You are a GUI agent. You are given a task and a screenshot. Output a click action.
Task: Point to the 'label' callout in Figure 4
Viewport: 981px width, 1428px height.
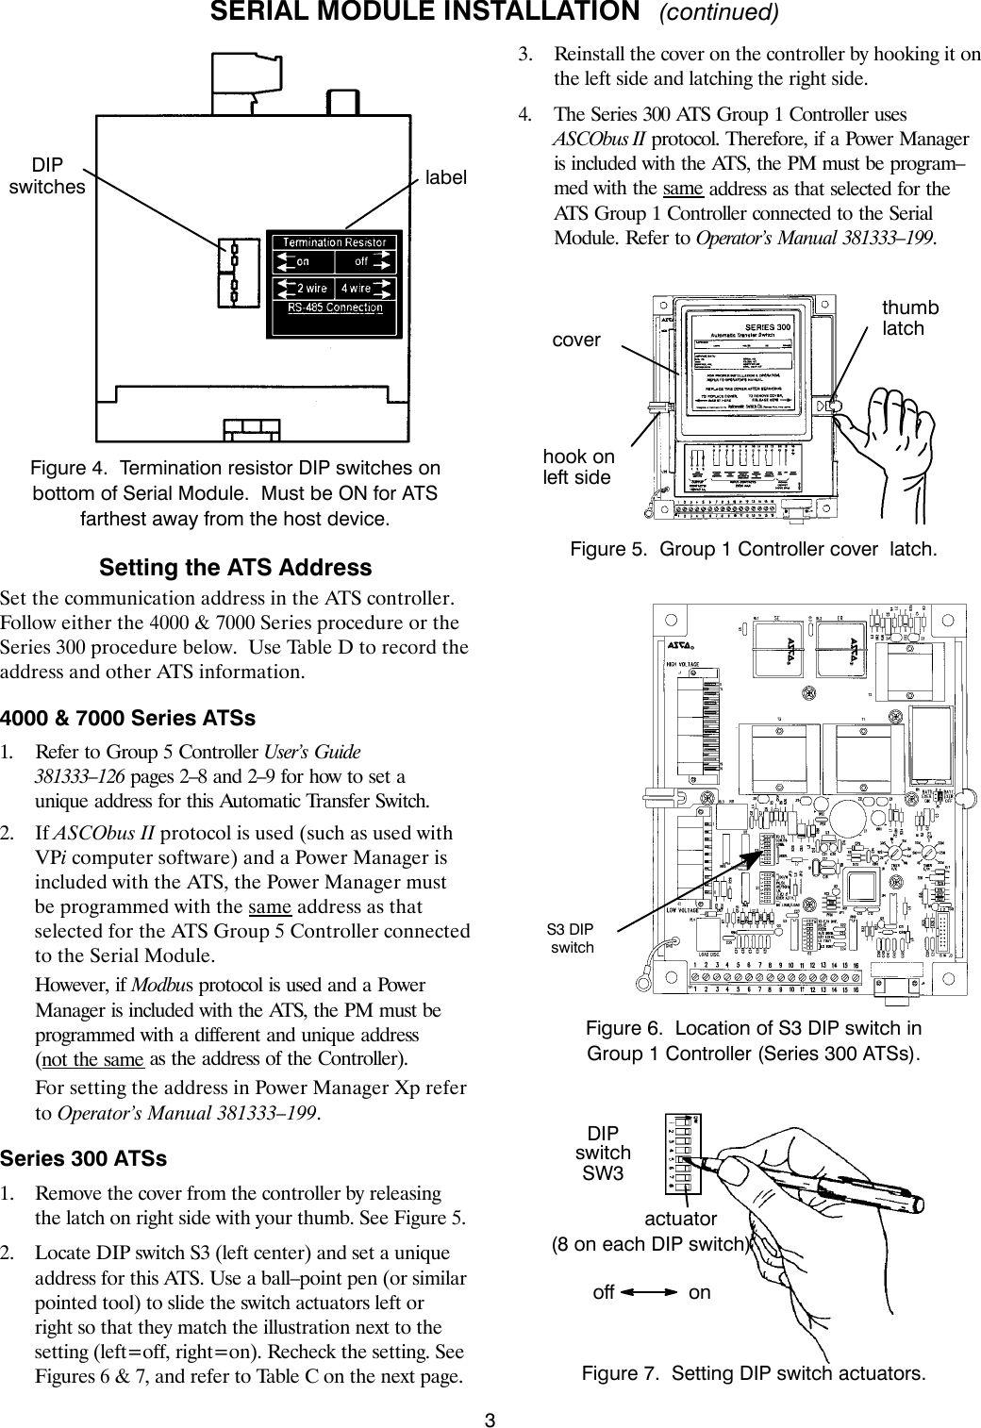(x=445, y=177)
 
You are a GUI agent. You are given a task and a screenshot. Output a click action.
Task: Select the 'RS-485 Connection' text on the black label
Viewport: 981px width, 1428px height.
(x=336, y=307)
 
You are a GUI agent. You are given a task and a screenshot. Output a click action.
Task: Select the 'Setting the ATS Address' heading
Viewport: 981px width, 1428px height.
(x=236, y=568)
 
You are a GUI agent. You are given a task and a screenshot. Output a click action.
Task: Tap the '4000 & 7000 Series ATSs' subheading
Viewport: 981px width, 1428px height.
(x=128, y=718)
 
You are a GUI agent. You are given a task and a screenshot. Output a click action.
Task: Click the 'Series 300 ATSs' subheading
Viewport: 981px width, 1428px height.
(x=84, y=1157)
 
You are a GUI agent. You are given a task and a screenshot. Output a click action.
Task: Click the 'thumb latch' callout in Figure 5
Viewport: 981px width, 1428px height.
(x=909, y=319)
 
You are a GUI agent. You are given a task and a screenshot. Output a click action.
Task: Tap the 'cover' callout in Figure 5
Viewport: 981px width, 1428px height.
(x=575, y=340)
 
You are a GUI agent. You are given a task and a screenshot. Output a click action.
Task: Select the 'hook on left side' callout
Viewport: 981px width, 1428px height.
(x=577, y=467)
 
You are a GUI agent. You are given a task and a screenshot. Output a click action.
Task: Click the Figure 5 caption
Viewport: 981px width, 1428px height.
(x=755, y=549)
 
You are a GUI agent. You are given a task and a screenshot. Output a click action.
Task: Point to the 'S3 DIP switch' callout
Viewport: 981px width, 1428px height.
(x=571, y=938)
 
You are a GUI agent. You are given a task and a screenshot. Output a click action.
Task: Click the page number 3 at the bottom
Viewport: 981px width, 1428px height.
(x=490, y=1419)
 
